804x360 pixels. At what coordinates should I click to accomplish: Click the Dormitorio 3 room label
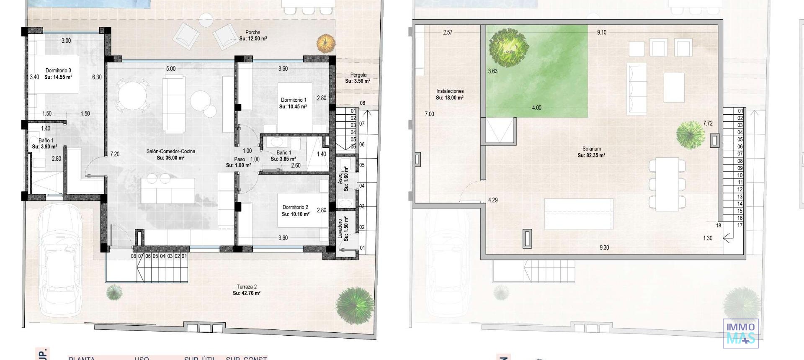58,70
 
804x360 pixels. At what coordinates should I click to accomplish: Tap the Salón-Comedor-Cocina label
170,151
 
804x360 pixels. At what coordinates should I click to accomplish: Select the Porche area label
253,32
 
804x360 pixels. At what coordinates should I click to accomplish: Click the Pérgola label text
358,75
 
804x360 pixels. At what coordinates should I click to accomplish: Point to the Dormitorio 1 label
293,100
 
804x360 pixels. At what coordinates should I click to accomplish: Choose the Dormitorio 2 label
295,207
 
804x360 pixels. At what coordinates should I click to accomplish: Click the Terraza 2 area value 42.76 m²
247,293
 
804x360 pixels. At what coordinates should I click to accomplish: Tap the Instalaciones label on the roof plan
450,91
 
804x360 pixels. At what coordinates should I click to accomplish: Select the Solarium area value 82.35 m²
591,155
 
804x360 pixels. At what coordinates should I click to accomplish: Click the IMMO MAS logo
740,333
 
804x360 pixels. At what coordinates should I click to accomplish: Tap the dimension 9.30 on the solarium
604,248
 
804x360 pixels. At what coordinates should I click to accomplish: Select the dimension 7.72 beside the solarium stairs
708,123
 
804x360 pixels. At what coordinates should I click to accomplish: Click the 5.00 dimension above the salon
171,69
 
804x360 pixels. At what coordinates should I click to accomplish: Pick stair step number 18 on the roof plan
719,226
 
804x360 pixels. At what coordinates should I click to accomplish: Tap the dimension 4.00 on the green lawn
536,108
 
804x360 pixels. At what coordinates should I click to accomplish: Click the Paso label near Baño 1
239,159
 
